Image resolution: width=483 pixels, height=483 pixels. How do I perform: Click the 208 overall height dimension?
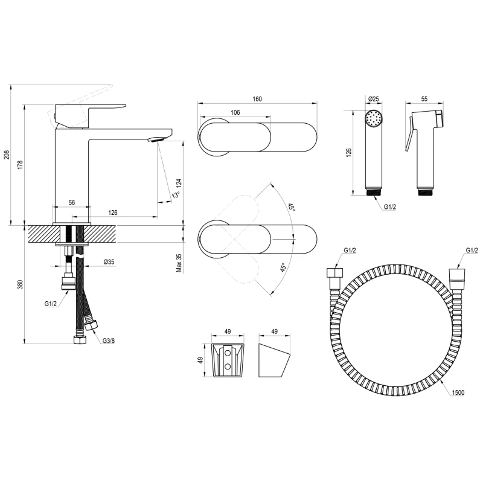pyautogui.click(x=7, y=155)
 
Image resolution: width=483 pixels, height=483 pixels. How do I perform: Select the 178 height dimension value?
pyautogui.click(x=21, y=165)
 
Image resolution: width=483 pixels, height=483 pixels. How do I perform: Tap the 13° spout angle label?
pyautogui.click(x=176, y=194)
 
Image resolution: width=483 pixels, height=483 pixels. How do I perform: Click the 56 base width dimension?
pyautogui.click(x=71, y=202)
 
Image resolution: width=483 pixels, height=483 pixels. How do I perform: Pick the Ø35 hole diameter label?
pyautogui.click(x=109, y=262)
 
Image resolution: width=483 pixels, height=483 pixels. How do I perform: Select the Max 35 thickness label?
pyautogui.click(x=179, y=263)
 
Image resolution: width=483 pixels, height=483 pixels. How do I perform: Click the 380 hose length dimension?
pyautogui.click(x=21, y=284)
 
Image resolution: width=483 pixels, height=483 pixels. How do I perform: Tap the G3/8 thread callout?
pyautogui.click(x=109, y=341)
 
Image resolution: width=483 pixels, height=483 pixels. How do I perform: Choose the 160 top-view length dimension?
pyautogui.click(x=257, y=99)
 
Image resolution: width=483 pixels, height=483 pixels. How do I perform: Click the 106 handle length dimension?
pyautogui.click(x=235, y=112)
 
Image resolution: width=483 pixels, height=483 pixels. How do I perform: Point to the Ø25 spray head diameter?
pyautogui.click(x=374, y=99)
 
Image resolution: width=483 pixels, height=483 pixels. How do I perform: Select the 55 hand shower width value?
pyautogui.click(x=424, y=99)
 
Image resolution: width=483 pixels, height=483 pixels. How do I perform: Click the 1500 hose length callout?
pyautogui.click(x=458, y=392)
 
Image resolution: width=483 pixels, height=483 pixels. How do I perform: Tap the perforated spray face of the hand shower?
pyautogui.click(x=374, y=118)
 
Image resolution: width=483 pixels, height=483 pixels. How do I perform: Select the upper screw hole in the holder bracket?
pyautogui.click(x=228, y=352)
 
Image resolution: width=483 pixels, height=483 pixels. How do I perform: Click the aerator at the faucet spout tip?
pyautogui.click(x=155, y=139)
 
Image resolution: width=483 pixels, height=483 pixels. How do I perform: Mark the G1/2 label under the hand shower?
pyautogui.click(x=389, y=207)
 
